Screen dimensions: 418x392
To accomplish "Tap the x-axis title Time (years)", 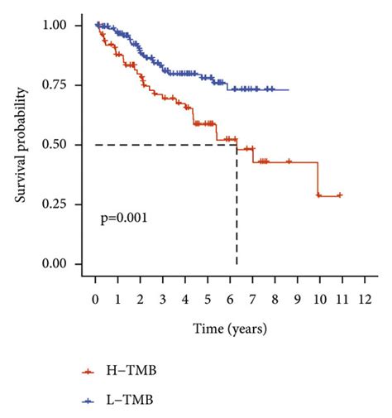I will click(x=232, y=329).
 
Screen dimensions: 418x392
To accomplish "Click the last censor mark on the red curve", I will click(x=339, y=195).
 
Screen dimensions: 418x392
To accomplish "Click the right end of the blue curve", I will click(x=289, y=89).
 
